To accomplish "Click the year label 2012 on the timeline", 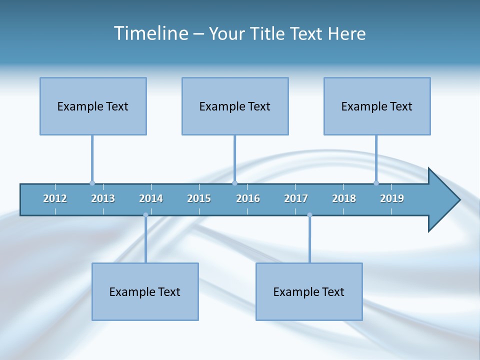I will (x=55, y=198).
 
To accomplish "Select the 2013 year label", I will (x=103, y=198).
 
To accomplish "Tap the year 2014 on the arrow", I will (x=151, y=198).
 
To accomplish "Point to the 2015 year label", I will (x=199, y=198).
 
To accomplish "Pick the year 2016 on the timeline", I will (x=248, y=198).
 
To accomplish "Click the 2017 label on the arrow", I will (x=296, y=198).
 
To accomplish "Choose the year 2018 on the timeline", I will (x=344, y=198).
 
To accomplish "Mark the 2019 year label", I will (x=392, y=198).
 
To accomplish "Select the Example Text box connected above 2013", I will (x=93, y=106).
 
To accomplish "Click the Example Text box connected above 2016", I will (x=235, y=106).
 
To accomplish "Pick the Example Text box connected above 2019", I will (x=377, y=106).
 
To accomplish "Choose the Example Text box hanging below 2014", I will (x=145, y=291).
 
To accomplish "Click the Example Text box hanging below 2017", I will (x=309, y=291).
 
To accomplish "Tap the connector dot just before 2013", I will (x=92, y=183).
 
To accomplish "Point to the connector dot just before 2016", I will (x=234, y=183).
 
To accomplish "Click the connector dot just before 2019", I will (x=376, y=183).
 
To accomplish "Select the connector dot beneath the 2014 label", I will (x=145, y=215).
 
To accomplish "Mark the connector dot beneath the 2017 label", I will (x=309, y=215).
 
